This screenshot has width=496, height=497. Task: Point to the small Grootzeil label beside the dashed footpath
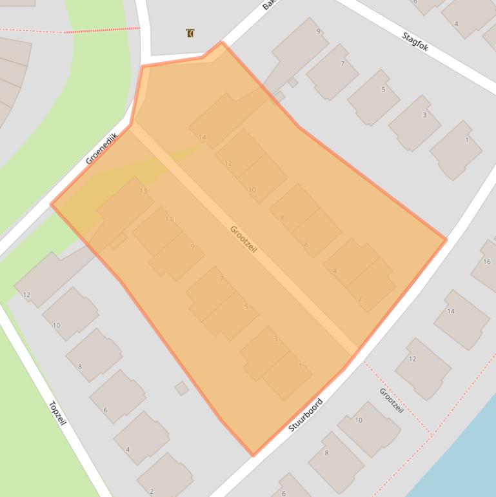(x=391, y=400)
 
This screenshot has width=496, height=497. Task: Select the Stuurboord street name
(x=305, y=414)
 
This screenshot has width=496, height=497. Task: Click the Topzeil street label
(x=57, y=413)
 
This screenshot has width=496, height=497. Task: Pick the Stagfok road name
(x=415, y=41)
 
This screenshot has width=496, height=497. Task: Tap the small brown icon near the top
(x=190, y=33)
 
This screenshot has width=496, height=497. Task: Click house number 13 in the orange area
(x=143, y=191)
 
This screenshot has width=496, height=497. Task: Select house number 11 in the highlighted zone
(x=168, y=219)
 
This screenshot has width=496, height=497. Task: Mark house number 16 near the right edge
(x=487, y=261)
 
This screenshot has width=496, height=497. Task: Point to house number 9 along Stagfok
(x=318, y=31)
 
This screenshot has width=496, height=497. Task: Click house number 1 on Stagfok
(x=466, y=140)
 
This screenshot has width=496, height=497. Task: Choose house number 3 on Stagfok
(x=424, y=115)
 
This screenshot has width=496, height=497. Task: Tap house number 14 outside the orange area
(x=451, y=311)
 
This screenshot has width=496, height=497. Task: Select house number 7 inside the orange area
(x=221, y=279)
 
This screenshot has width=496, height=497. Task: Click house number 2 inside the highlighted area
(x=359, y=299)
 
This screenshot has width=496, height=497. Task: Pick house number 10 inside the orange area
(x=252, y=190)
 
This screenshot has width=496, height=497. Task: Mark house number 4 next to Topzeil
(x=128, y=449)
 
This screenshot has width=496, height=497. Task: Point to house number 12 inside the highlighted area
(x=228, y=163)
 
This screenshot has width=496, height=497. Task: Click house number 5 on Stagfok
(x=383, y=89)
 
